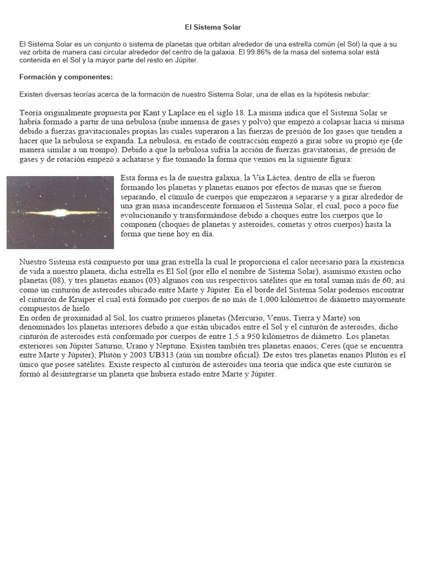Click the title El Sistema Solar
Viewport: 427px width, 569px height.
pos(213,27)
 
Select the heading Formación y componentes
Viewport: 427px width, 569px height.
pos(66,77)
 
